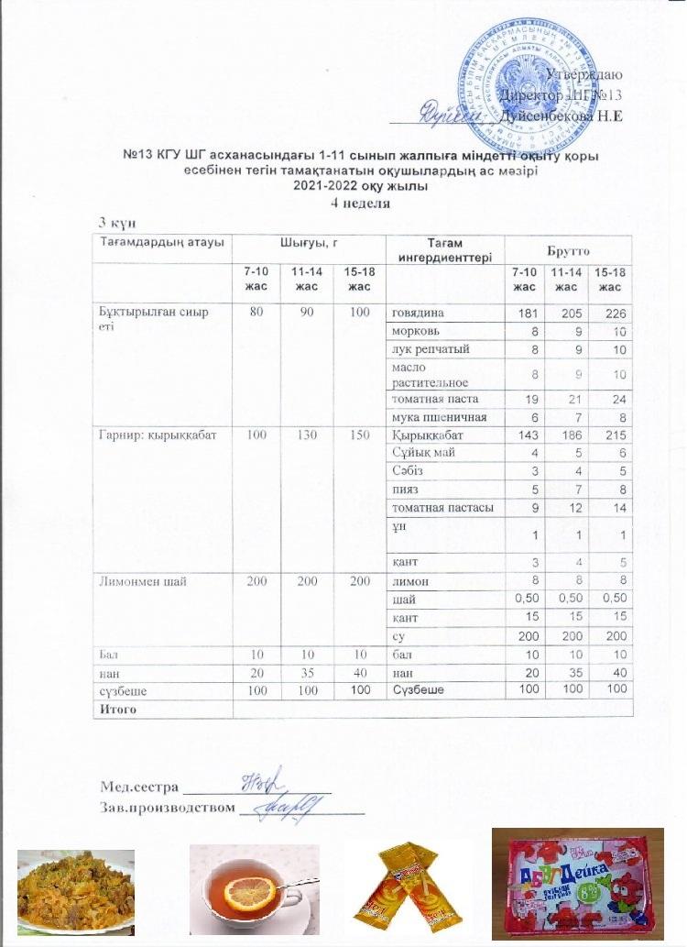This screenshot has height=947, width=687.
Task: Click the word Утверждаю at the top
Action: click(x=584, y=74)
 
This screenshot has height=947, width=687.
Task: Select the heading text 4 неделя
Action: click(x=360, y=204)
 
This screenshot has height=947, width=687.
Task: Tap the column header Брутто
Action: click(x=567, y=248)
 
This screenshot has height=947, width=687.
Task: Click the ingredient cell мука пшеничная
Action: click(x=435, y=417)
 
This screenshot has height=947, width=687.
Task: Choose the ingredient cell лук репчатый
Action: click(x=431, y=348)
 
